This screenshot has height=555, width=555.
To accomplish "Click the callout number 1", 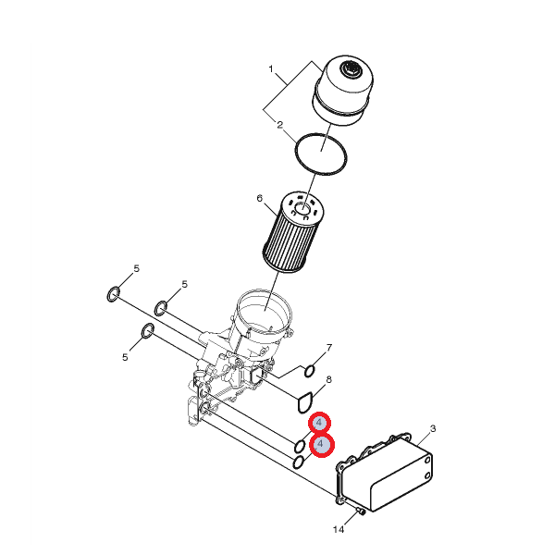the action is click(x=271, y=68).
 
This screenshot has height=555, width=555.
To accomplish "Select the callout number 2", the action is click(x=280, y=125).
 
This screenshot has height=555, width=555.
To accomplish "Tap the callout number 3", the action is click(x=433, y=429).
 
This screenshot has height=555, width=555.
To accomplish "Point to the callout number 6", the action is click(x=260, y=199).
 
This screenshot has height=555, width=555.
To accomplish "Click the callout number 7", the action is click(x=329, y=348).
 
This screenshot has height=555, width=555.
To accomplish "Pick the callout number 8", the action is click(x=328, y=380).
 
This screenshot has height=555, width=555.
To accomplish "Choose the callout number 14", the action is click(x=339, y=529).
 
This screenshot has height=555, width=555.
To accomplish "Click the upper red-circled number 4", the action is click(x=320, y=423).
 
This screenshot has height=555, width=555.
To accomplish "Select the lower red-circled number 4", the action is click(x=322, y=444).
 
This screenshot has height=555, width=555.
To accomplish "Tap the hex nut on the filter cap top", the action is click(x=350, y=69).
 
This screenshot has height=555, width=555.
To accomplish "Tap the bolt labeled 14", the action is click(x=361, y=511).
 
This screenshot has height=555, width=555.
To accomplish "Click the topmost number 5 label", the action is click(x=137, y=268).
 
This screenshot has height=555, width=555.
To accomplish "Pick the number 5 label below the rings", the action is click(x=125, y=357).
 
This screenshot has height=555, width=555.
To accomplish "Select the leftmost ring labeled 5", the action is click(x=108, y=294).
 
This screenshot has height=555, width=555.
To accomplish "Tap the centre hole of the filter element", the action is click(x=302, y=209).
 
